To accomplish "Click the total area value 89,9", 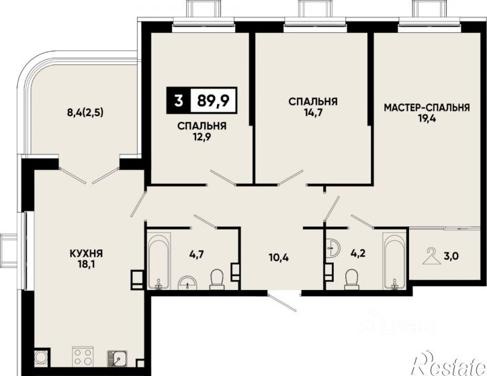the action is tap(213, 100).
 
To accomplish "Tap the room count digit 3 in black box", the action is tap(178, 100).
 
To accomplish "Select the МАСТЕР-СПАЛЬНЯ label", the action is tap(427, 107).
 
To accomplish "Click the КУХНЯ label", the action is tap(86, 254).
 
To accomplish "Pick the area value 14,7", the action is tap(313, 112).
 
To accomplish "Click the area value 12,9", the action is tap(202, 137).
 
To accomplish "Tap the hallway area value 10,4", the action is tap(278, 257).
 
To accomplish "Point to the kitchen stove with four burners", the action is tap(83, 357).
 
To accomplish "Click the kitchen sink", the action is tap(117, 359).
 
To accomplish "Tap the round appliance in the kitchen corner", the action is tap(41, 358).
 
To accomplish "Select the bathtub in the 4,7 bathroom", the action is tap(159, 261).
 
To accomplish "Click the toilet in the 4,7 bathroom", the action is tap(217, 279).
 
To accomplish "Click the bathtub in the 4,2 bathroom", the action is tap(394, 261).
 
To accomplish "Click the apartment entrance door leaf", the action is tap(283, 302).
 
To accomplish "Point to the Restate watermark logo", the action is tap(449, 364).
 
